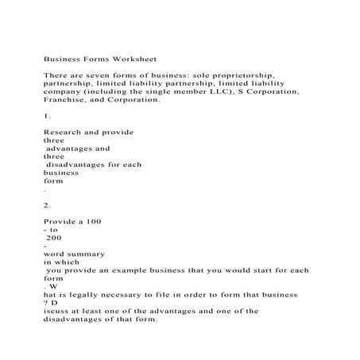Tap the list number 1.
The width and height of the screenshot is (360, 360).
46,116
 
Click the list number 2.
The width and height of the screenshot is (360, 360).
46,203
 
